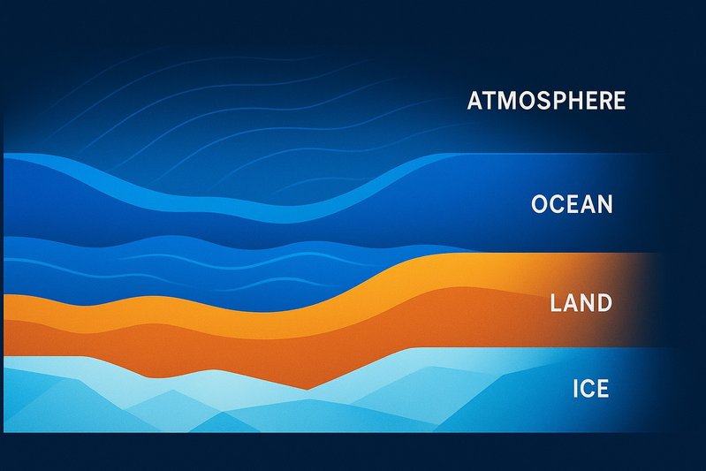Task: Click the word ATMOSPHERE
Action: pyautogui.click(x=546, y=101)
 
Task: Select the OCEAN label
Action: pyautogui.click(x=572, y=205)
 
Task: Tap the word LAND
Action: pyautogui.click(x=581, y=304)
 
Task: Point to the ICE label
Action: pyautogui.click(x=591, y=388)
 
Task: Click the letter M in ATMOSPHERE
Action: pyautogui.click(x=504, y=101)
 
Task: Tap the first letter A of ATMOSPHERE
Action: pyautogui.click(x=474, y=101)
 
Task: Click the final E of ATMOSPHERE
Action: pyautogui.click(x=619, y=101)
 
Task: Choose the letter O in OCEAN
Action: pyautogui.click(x=541, y=205)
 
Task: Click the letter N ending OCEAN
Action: pyautogui.click(x=604, y=205)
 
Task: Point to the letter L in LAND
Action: pyautogui.click(x=556, y=304)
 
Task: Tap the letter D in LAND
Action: pyautogui.click(x=604, y=304)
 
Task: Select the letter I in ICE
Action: pyautogui.click(x=576, y=388)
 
